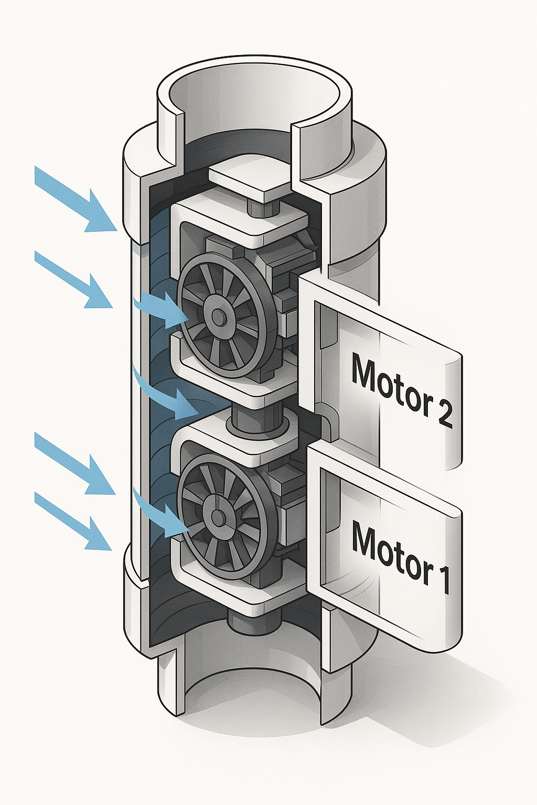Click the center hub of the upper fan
217,316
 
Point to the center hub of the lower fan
217,517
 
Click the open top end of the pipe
257,100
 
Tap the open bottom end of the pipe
252,692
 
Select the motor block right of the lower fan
286,516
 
